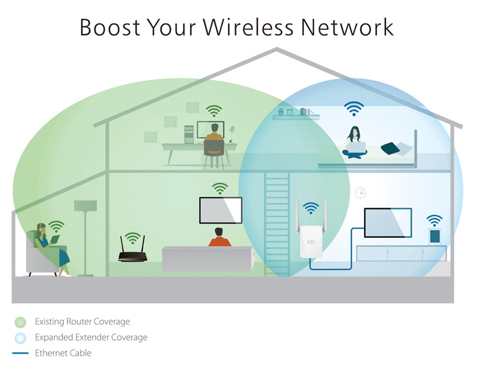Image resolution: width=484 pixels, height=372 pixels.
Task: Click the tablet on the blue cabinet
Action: (x=434, y=235)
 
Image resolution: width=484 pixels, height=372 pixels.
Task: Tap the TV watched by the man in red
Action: (x=220, y=210)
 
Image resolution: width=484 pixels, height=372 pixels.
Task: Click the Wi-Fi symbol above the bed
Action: (x=353, y=108)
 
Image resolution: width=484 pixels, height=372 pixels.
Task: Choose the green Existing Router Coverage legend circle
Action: (x=20, y=321)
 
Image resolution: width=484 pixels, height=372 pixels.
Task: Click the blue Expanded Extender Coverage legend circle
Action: (x=20, y=337)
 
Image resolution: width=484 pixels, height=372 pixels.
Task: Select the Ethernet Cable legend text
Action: (x=63, y=353)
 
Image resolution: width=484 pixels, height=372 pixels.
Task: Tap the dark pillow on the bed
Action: (x=390, y=148)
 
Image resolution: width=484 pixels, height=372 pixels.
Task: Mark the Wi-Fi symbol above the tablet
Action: (x=434, y=220)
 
